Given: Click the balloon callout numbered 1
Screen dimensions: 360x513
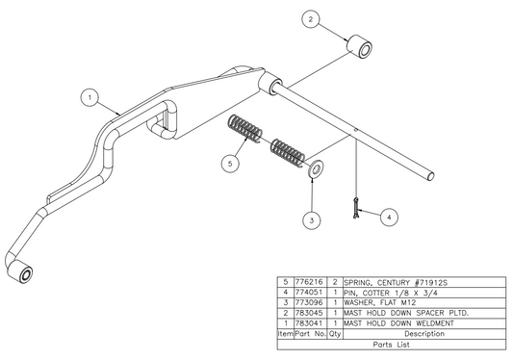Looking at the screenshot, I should [x=88, y=97].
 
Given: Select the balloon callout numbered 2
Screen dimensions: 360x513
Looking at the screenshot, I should [x=310, y=18].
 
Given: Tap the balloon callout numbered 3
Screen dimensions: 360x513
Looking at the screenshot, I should [x=310, y=220].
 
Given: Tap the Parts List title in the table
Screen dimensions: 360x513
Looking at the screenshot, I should [x=393, y=343].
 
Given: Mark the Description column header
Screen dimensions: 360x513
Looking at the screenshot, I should [x=423, y=332].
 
